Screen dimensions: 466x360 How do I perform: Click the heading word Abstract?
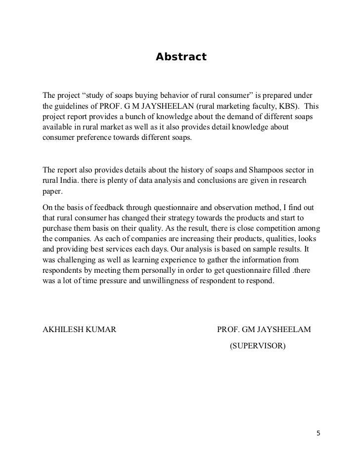(x=180, y=57)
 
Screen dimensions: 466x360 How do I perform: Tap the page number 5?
(x=318, y=434)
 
